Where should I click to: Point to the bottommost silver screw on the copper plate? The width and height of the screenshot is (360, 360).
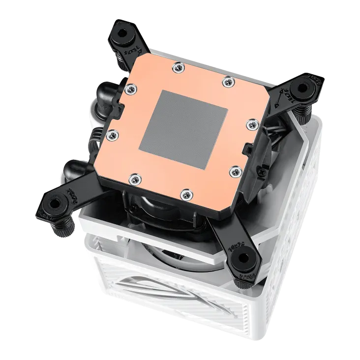(x=184, y=193)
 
